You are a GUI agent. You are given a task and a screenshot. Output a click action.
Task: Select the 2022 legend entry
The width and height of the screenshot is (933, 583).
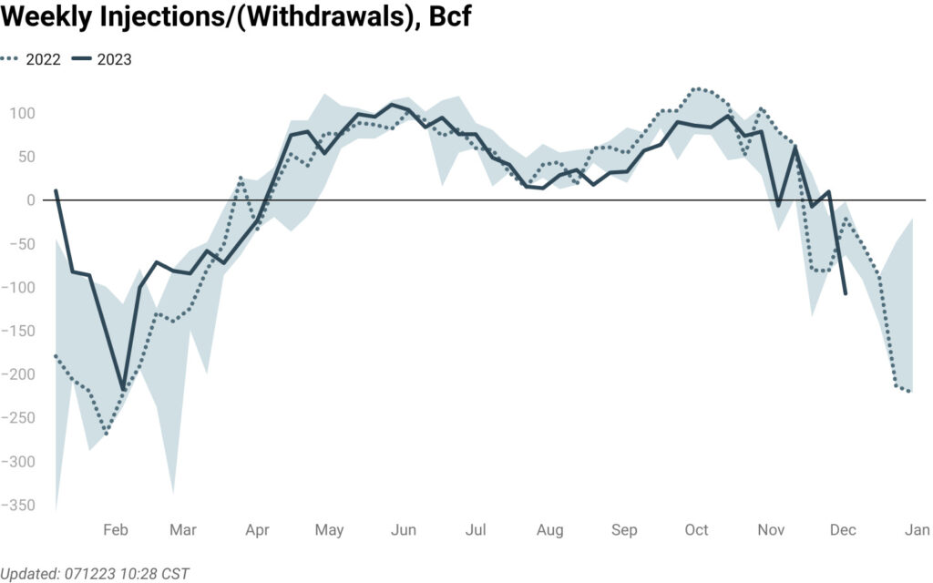34,60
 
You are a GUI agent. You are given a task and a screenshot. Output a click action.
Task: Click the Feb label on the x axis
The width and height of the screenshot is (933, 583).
116,530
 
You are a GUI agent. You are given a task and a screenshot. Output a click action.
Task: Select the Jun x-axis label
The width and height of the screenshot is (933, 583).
404,530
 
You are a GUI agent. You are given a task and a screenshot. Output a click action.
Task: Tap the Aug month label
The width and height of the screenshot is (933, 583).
549,530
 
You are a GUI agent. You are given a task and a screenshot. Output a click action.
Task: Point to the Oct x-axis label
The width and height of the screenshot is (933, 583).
697,530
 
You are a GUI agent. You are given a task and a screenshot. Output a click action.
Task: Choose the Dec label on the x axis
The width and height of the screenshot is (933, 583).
843,530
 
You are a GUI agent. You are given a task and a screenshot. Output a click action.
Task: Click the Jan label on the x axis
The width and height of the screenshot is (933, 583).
916,530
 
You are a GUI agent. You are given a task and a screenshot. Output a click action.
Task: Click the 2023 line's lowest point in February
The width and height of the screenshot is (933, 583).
124,390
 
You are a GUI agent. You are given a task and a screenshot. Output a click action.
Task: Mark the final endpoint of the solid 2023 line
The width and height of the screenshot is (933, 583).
846,294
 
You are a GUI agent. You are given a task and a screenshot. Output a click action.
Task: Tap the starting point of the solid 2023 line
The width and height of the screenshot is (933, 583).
56,190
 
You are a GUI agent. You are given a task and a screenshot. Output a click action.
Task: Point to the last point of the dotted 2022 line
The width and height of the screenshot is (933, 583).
910,392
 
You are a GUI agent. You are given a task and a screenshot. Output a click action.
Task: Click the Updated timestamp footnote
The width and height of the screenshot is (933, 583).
95,573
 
